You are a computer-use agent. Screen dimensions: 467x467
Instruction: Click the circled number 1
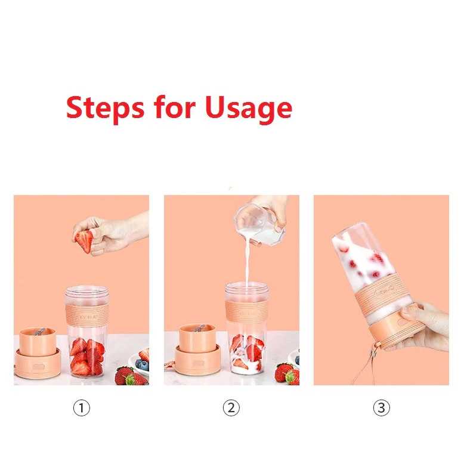point(81,408)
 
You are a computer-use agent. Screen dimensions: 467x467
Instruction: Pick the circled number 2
point(231,408)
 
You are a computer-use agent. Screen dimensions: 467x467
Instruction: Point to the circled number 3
point(381,408)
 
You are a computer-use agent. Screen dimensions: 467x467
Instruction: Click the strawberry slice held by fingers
point(85,241)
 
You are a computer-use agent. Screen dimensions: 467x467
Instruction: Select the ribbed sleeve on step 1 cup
point(86,314)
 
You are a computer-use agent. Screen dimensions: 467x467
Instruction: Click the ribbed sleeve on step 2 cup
point(246,313)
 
